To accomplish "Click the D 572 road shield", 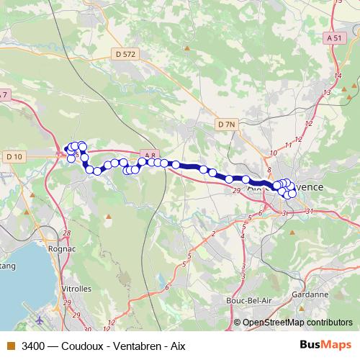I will coord(125,53).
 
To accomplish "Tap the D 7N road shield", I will coord(225,124).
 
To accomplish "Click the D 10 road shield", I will coord(14,156).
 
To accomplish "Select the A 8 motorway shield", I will coord(148,154).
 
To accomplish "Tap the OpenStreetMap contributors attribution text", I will coord(297,322).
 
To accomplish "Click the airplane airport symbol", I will coord(37,317).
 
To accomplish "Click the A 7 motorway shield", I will coord(4,94).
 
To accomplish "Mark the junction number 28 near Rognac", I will coord(67,233).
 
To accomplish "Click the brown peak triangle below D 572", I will coord(186,48).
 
